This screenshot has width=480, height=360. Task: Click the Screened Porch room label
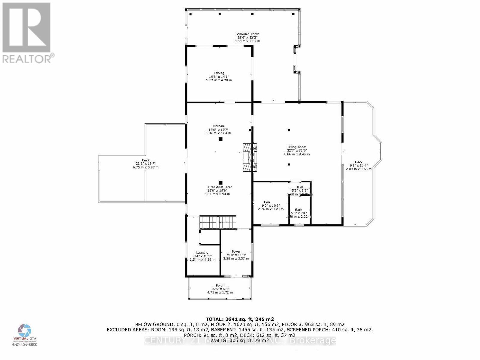(x=247, y=34)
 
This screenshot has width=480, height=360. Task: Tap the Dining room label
(x=219, y=73)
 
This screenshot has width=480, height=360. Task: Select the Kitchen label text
(x=218, y=126)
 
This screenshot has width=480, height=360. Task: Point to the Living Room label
(x=297, y=147)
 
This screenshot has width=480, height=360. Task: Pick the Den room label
(x=267, y=202)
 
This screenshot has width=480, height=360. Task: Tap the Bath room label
(x=298, y=210)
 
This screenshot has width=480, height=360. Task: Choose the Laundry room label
(x=202, y=253)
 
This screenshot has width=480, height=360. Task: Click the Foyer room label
(x=236, y=252)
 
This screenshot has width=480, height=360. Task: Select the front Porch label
(x=220, y=286)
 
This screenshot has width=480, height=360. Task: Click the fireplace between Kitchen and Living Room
(x=250, y=157)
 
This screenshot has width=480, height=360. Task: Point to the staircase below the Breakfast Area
(x=218, y=222)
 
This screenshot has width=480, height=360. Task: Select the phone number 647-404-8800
(x=25, y=345)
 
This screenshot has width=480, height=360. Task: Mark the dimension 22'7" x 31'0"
(x=297, y=151)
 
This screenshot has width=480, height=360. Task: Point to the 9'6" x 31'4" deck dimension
(x=358, y=166)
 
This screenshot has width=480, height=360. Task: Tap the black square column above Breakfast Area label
(x=220, y=182)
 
